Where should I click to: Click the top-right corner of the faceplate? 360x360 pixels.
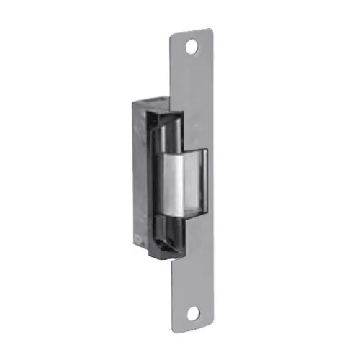click(x=212, y=30)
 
